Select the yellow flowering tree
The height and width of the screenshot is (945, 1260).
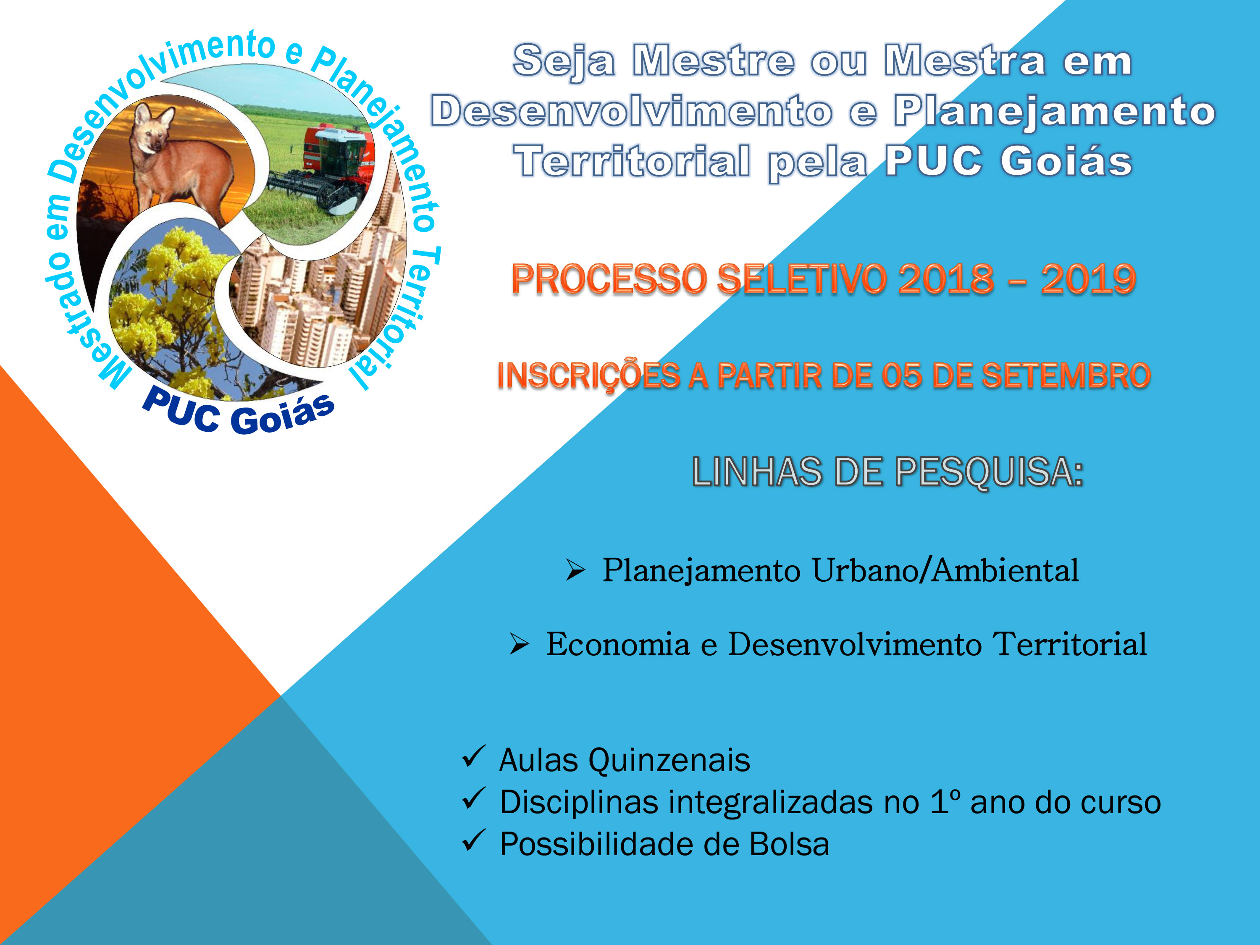coord(171,307)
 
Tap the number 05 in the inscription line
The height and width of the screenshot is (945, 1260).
coord(901,376)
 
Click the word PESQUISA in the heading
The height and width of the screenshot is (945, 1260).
coord(989,472)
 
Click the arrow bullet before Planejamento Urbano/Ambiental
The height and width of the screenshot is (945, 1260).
coord(575,570)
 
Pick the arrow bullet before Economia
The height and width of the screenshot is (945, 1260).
coord(519,644)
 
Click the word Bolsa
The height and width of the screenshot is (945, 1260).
coord(789,844)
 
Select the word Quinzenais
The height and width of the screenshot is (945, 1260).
coord(669,761)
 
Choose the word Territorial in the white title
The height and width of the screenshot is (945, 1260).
coord(632,161)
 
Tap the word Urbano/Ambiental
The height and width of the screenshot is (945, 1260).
coord(945,570)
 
